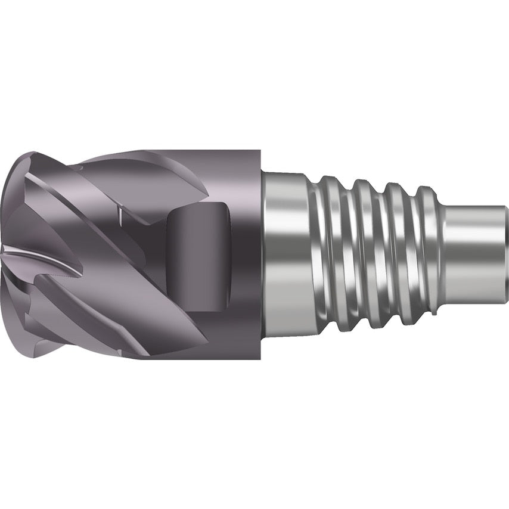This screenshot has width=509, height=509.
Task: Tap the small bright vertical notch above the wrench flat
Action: click(x=119, y=212)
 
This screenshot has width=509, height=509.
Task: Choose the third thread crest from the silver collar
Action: click(x=395, y=253)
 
